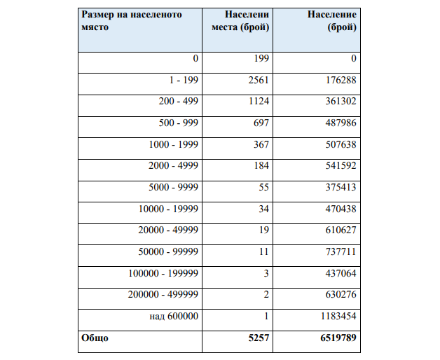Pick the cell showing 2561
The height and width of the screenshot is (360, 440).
pyautogui.click(x=259, y=81)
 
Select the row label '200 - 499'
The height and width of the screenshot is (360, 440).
pyautogui.click(x=179, y=102)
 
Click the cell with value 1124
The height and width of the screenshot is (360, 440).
pyautogui.click(x=259, y=102)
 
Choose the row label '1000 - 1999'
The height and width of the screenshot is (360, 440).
pyautogui.click(x=174, y=144)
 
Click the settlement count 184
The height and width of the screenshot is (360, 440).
pyautogui.click(x=261, y=166)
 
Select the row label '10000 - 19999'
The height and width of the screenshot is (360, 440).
pyautogui.click(x=169, y=209)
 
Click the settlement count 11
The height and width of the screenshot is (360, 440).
pyautogui.click(x=264, y=251)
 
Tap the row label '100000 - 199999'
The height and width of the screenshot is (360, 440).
pyautogui.click(x=164, y=272)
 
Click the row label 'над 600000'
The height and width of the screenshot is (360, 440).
pyautogui.click(x=174, y=316)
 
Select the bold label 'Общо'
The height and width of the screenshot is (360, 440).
pyautogui.click(x=95, y=338)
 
